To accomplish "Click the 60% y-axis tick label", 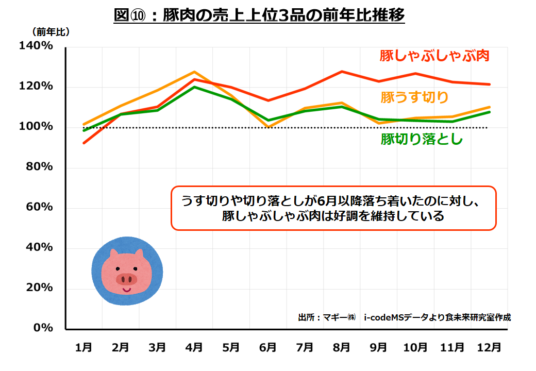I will (39, 207).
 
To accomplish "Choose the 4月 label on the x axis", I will (194, 348).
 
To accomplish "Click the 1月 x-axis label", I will (84, 348).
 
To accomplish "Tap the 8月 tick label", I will (341, 348).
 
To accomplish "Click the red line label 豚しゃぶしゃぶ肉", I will (434, 56).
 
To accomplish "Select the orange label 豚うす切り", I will (414, 97).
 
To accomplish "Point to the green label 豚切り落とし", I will (422, 139).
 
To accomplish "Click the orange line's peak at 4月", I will (194, 72).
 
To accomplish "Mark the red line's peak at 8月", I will (342, 72).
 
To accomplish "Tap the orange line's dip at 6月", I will (268, 127).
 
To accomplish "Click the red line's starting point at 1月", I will (84, 143).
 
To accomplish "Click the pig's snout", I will (126, 279).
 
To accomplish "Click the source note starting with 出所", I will (404, 317).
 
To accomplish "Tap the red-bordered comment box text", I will (333, 208).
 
